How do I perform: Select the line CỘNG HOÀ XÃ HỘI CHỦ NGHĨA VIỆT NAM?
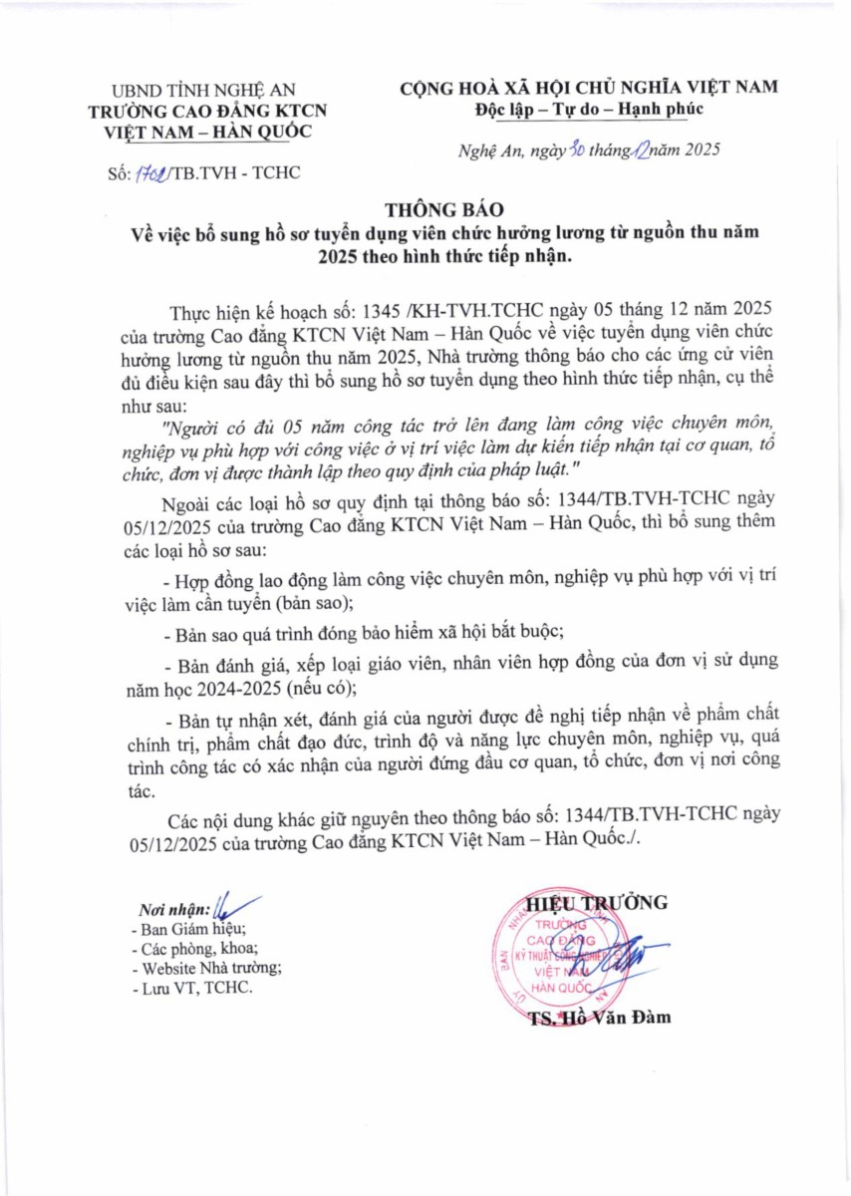tap(589, 88)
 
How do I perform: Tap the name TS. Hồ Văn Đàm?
tap(599, 1018)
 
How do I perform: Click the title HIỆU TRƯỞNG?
tap(597, 903)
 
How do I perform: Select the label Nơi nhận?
tap(174, 909)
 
